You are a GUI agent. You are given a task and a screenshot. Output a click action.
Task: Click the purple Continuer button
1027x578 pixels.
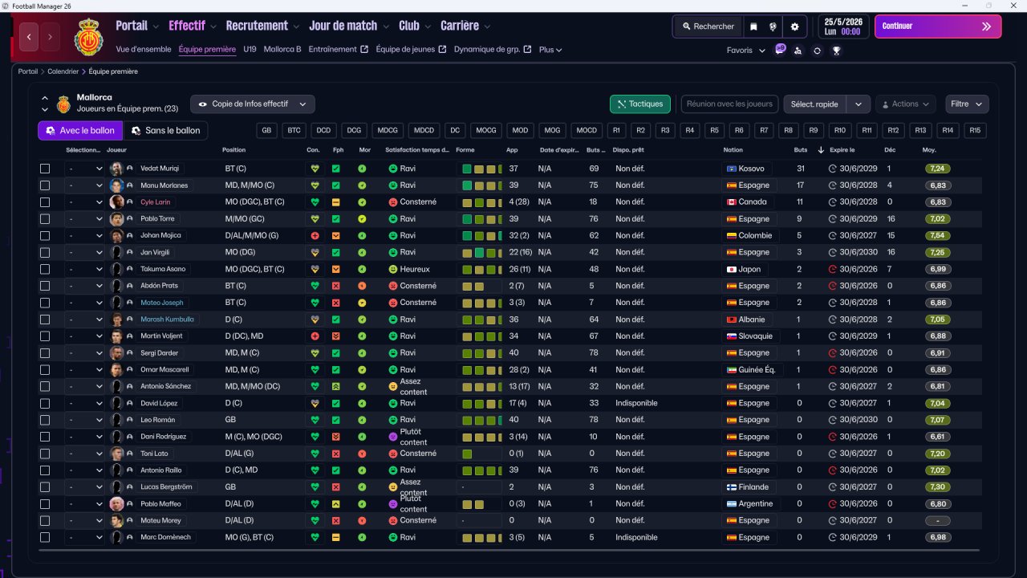point(937,26)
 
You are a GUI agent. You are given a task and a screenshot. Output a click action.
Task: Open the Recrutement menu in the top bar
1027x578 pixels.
point(257,26)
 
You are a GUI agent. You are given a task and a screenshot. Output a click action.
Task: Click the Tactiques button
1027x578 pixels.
point(640,104)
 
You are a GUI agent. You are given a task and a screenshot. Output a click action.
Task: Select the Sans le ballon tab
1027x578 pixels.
point(165,131)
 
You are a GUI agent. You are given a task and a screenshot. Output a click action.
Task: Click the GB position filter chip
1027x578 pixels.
point(266,131)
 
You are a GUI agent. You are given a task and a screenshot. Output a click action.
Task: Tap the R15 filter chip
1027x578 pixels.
point(974,131)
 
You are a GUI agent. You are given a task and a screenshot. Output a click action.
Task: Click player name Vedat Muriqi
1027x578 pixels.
point(160,169)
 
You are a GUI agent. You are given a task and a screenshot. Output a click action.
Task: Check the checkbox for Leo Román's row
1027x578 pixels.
point(45,420)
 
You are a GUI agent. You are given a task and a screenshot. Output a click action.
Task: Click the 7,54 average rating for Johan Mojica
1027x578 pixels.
point(937,236)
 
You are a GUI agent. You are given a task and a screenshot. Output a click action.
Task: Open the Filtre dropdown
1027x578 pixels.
point(966,104)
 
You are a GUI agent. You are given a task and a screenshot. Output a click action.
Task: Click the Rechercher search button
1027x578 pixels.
point(708,26)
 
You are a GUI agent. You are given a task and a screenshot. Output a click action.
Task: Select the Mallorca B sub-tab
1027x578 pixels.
point(282,49)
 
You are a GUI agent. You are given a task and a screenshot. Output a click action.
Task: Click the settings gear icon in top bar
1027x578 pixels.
point(794,26)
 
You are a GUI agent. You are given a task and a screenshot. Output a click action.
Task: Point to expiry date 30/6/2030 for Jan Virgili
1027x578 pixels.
point(858,253)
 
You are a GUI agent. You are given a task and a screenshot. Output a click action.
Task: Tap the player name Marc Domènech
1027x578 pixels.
point(165,537)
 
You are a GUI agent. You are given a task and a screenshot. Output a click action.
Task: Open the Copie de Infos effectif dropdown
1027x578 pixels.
point(252,104)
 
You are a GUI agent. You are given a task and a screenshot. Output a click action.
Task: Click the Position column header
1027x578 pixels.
point(233,150)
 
